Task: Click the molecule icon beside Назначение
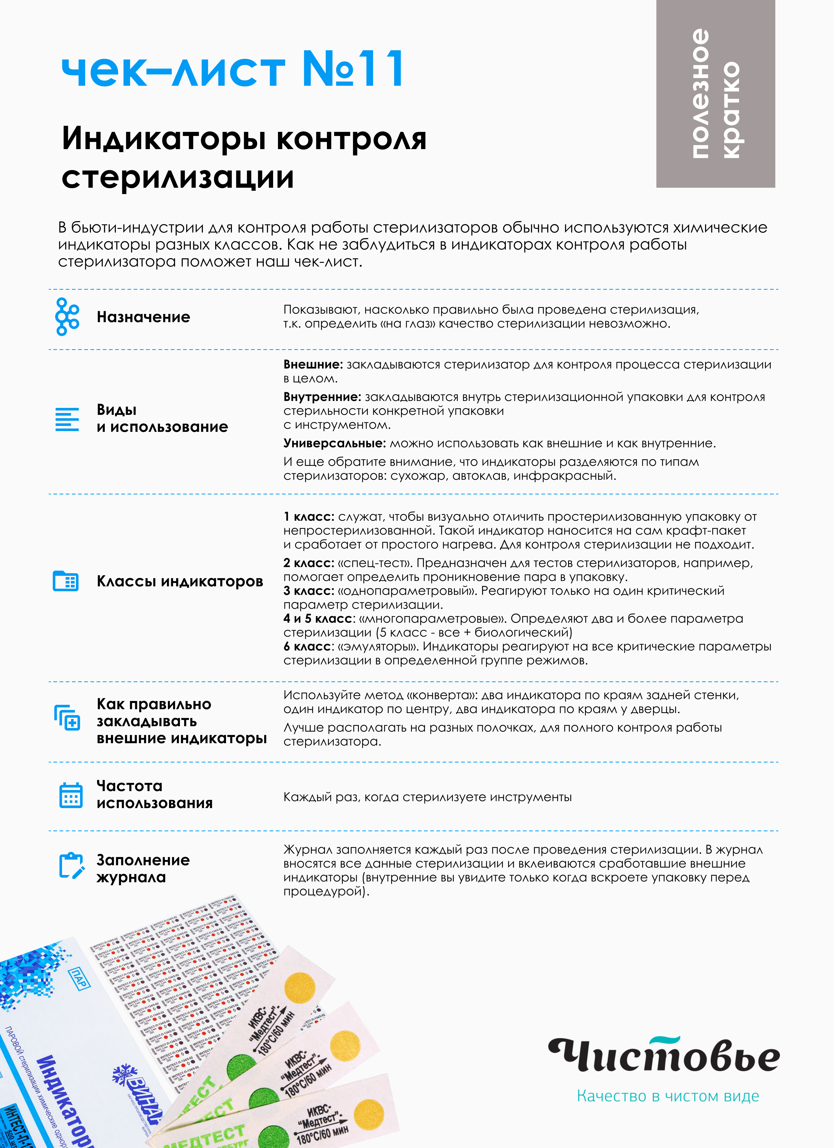pyautogui.click(x=67, y=317)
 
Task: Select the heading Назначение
pyautogui.click(x=143, y=317)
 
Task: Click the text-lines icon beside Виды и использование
pyautogui.click(x=67, y=419)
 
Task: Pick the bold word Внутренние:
pyautogui.click(x=322, y=397)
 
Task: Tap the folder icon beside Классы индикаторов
pyautogui.click(x=66, y=581)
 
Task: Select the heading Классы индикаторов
pyautogui.click(x=180, y=581)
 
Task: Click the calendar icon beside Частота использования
pyautogui.click(x=71, y=795)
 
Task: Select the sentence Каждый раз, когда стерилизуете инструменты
pyautogui.click(x=427, y=797)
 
